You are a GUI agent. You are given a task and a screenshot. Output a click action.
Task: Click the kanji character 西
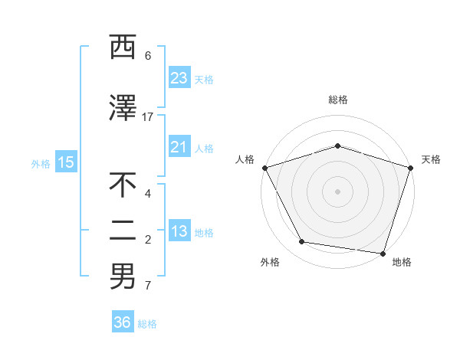tap(123, 48)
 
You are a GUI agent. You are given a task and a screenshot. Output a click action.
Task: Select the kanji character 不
tap(123, 185)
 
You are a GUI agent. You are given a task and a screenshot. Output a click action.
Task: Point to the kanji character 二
tap(123, 230)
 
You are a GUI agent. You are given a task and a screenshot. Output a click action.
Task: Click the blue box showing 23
tap(179, 78)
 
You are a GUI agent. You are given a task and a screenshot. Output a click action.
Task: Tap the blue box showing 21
tap(179, 147)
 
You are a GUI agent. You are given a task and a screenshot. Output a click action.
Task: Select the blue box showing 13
tap(179, 232)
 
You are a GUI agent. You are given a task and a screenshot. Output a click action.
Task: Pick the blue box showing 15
tap(65, 162)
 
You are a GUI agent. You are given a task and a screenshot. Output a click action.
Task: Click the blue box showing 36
tap(122, 322)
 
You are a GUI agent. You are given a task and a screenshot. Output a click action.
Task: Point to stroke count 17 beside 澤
tap(148, 116)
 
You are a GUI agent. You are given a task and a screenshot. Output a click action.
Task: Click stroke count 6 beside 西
tap(148, 55)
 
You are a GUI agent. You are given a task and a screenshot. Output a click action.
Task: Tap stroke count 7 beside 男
tap(148, 286)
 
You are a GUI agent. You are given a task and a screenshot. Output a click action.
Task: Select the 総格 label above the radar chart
tap(337, 100)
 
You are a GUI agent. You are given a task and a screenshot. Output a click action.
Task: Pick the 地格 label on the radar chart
tap(402, 263)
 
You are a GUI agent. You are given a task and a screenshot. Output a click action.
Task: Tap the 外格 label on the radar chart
tap(270, 263)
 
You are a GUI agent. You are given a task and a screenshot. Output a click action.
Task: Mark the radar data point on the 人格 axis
tap(264, 168)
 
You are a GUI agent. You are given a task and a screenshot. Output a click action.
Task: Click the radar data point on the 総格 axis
tap(337, 146)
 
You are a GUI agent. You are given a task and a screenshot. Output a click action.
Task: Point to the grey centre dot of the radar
tap(337, 191)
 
